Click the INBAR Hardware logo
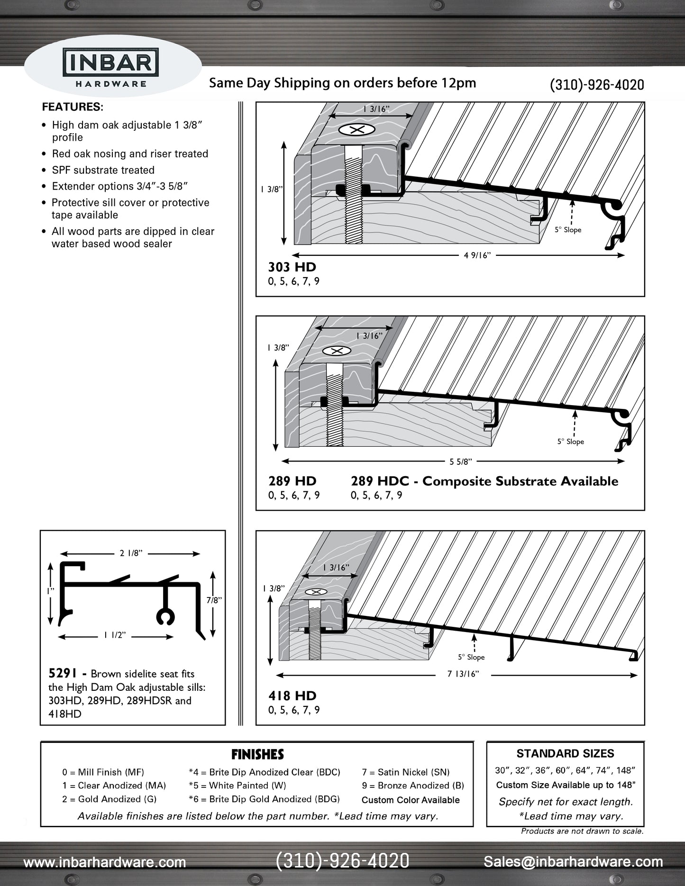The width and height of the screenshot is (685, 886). point(111,68)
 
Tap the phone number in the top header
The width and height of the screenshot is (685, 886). point(596,85)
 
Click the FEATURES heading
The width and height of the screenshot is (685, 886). point(73,107)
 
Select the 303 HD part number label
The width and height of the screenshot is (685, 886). point(292,267)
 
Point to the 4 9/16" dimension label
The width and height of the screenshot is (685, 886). point(477,255)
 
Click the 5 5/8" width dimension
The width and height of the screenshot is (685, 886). point(460,461)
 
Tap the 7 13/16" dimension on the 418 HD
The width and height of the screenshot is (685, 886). point(463,674)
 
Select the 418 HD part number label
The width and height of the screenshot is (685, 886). point(292,696)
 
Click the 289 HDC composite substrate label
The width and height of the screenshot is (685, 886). point(484,481)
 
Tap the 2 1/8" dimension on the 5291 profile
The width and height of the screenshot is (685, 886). point(131,553)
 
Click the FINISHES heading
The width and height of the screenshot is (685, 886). point(257,754)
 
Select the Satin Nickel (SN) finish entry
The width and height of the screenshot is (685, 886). point(405,772)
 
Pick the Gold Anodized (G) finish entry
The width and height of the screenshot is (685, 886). point(109,799)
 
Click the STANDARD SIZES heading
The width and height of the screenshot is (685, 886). point(565,753)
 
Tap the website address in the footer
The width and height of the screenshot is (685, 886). point(105,862)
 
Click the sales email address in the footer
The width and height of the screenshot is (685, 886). point(573,862)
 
